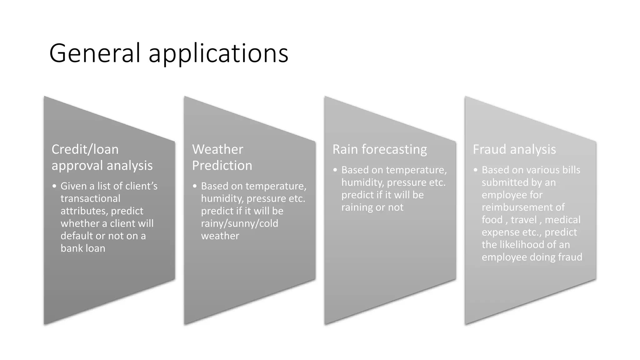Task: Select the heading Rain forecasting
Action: (379, 149)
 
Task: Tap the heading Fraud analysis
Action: (514, 149)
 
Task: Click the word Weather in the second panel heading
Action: (217, 149)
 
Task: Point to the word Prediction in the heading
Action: (222, 165)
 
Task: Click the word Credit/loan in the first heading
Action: (85, 149)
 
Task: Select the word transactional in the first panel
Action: (90, 198)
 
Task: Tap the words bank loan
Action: (83, 248)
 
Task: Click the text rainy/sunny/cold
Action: (239, 223)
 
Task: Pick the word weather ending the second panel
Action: (220, 236)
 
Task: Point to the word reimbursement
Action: (523, 207)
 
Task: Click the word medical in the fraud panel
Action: (562, 220)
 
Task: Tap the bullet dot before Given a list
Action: (54, 186)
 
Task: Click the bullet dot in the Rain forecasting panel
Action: (335, 170)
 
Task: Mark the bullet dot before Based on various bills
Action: (476, 170)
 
